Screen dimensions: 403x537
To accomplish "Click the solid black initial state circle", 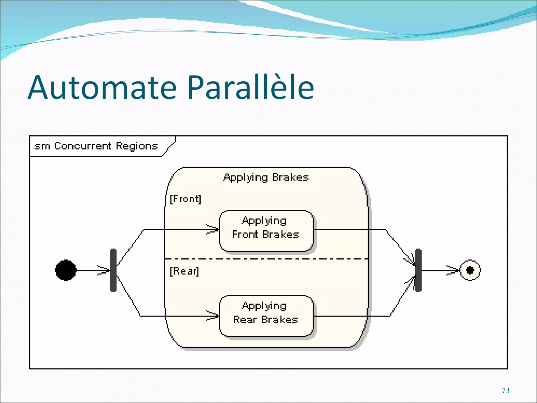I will [x=66, y=270].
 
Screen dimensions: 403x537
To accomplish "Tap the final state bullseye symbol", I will [x=470, y=270].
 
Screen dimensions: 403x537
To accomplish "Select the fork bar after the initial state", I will [x=113, y=270].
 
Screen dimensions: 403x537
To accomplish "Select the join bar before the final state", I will [x=418, y=270].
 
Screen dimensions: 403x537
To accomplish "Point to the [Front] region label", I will [x=185, y=199].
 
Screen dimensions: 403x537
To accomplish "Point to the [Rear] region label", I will [x=184, y=271].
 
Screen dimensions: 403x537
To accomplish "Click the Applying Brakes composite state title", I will [x=266, y=178].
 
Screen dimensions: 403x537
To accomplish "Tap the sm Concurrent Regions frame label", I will [x=96, y=146].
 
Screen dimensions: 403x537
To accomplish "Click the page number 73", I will [x=505, y=391].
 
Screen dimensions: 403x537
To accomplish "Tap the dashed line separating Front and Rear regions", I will [x=266, y=259].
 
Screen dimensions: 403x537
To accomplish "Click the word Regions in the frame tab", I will [x=137, y=146].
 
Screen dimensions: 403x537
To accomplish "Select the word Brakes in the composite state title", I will [x=290, y=178].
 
